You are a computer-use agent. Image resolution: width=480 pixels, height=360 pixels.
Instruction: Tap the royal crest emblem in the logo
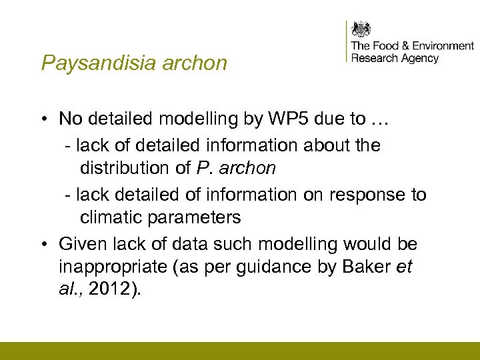pyautogui.click(x=361, y=29)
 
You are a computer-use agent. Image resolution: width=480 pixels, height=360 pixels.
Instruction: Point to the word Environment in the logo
pyautogui.click(x=443, y=46)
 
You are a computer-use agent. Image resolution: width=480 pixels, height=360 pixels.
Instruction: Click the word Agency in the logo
pyautogui.click(x=419, y=58)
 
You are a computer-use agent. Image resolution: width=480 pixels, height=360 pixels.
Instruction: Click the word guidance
pyautogui.click(x=296, y=267)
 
